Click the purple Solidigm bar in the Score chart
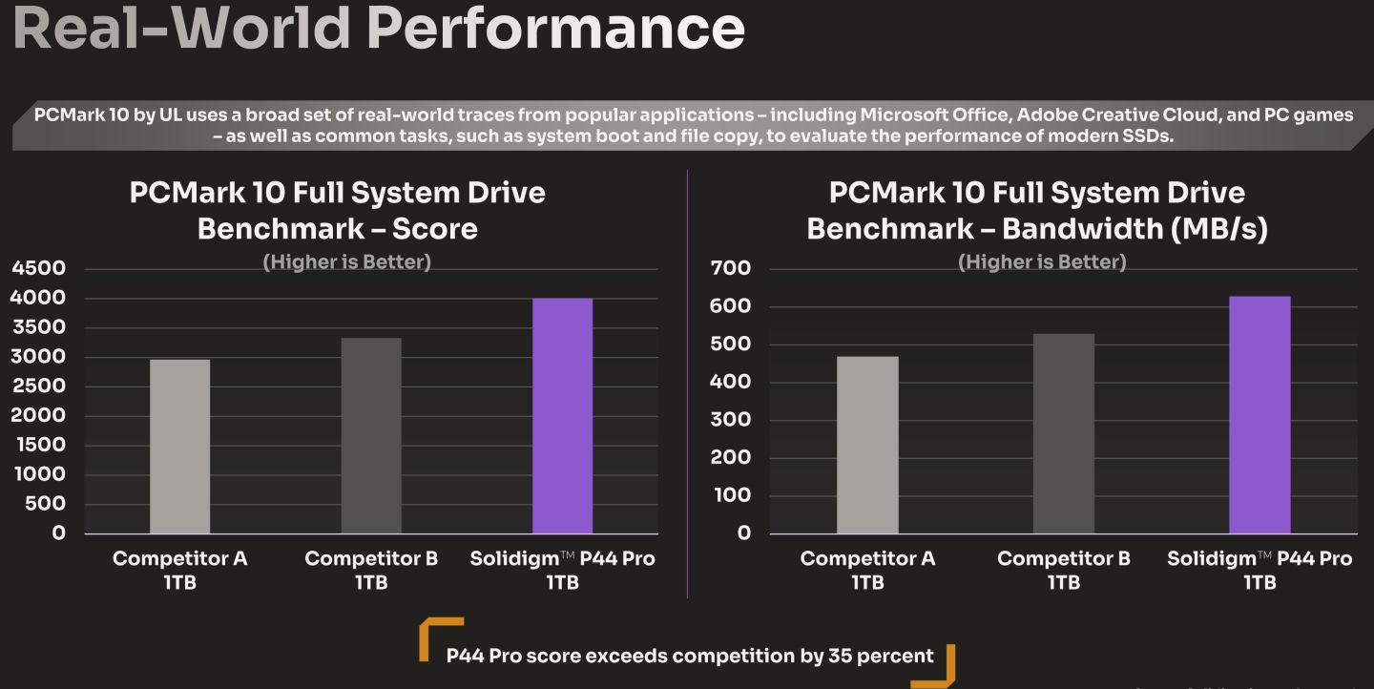(562, 415)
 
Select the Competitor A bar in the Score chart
(179, 446)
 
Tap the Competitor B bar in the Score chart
(371, 435)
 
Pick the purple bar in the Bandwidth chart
(1259, 414)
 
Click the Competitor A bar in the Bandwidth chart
(867, 445)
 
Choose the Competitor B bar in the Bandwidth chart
(1064, 433)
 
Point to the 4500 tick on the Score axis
(39, 268)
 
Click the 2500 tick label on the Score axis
(39, 386)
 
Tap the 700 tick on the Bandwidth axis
(732, 268)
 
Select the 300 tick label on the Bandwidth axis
(732, 420)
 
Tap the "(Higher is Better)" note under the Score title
(346, 262)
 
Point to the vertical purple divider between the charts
(687, 382)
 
